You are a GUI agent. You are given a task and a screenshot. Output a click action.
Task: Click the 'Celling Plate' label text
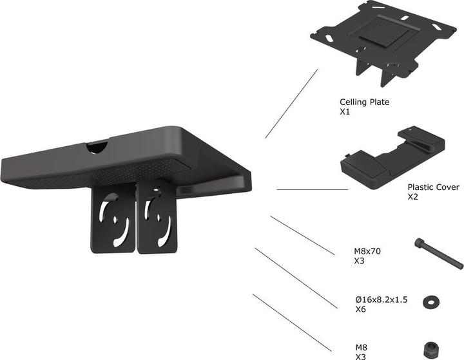tap(364, 102)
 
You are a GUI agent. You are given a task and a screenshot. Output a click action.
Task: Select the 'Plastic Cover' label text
tap(433, 187)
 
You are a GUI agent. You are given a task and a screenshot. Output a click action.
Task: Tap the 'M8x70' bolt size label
tap(367, 252)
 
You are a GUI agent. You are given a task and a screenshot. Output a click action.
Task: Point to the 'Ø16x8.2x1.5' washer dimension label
tap(382, 300)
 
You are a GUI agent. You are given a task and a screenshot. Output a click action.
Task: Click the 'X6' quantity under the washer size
tap(361, 310)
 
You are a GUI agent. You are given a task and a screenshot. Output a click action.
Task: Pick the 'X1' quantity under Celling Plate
tap(345, 111)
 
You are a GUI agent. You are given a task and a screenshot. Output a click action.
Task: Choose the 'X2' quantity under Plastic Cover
tap(413, 197)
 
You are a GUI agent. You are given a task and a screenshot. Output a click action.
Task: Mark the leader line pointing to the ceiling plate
tap(291, 104)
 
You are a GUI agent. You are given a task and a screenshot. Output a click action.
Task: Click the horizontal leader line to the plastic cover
tap(312, 190)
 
